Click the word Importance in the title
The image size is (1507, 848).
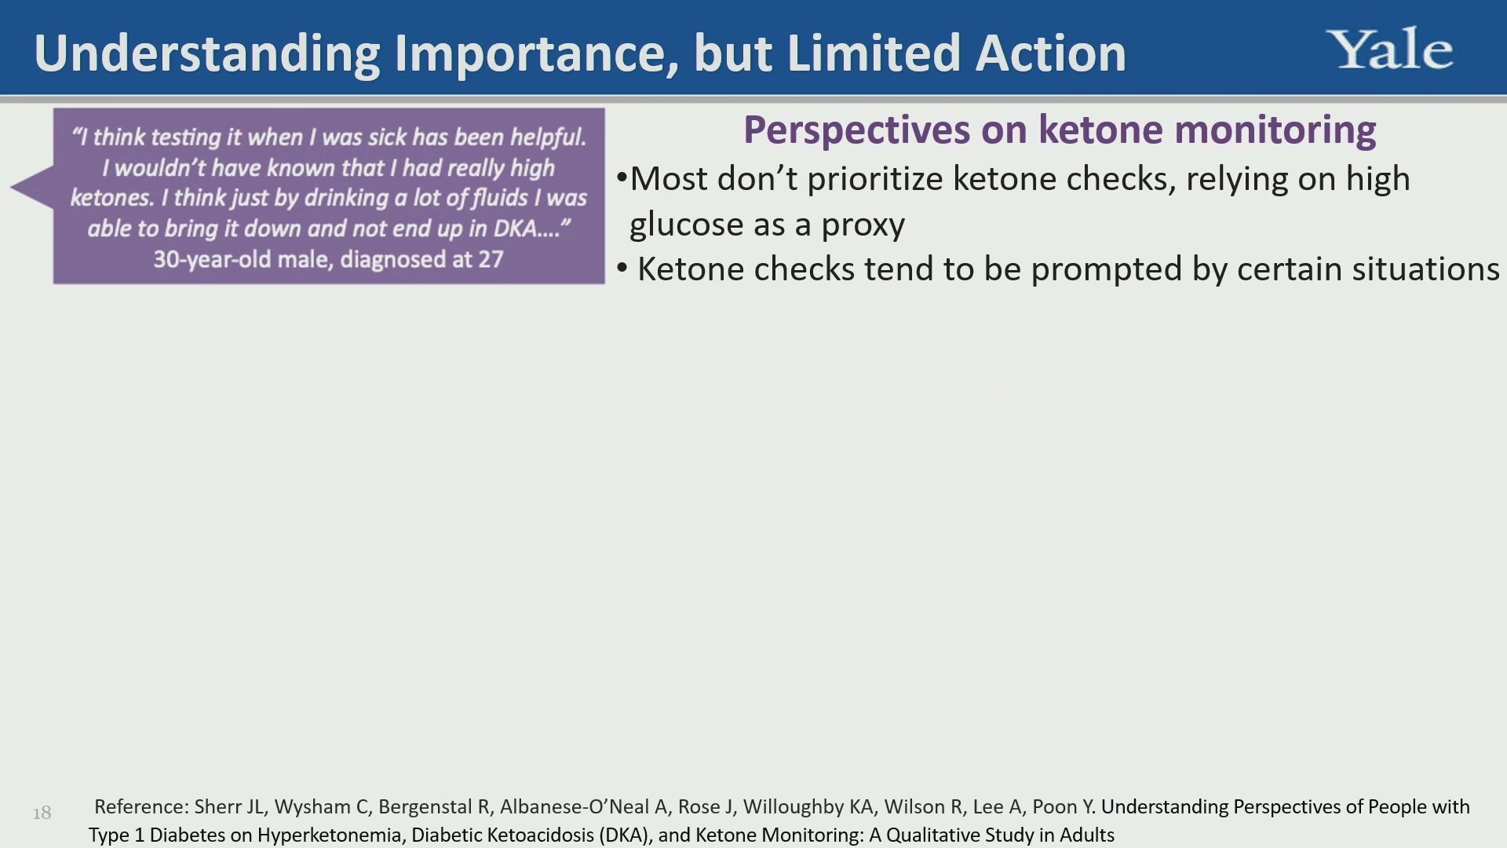(537, 53)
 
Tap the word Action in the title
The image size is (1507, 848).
(1051, 53)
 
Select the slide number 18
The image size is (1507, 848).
(42, 813)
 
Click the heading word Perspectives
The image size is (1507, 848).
(856, 130)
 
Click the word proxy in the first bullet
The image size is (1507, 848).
(863, 226)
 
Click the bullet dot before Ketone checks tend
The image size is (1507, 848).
(622, 269)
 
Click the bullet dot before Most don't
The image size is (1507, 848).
(622, 177)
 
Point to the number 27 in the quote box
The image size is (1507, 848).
(491, 260)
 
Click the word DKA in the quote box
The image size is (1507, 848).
(515, 228)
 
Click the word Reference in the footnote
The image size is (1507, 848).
(141, 807)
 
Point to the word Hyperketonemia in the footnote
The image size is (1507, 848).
(329, 835)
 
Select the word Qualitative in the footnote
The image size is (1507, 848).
(933, 835)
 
